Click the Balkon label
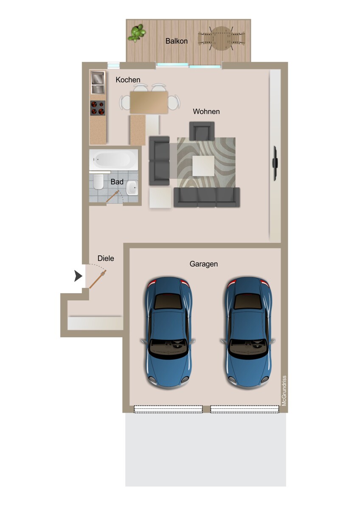coord(177,41)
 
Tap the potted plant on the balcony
coord(136,33)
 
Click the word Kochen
coord(128,80)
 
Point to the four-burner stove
coord(98,108)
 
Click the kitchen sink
coord(98,82)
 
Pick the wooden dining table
coord(149,102)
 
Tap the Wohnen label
coord(206,112)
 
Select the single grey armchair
coord(202,131)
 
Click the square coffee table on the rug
coord(203,166)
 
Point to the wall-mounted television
coord(275,163)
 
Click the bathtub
coord(113,159)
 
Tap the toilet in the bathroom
coord(98,182)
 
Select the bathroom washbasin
coord(132,187)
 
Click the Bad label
coord(117,182)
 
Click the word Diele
coord(106,258)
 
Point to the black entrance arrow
coord(78,276)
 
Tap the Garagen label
coord(203,264)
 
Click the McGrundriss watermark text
coord(284,391)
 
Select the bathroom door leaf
coord(112,197)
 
